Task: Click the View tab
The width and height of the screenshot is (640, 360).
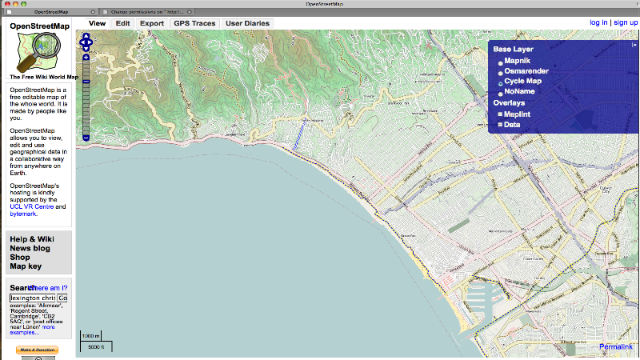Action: tap(97, 23)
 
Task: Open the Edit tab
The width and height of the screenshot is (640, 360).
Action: tap(122, 23)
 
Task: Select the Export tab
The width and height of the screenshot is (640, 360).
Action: tap(151, 23)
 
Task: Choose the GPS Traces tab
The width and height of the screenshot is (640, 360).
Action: tap(194, 23)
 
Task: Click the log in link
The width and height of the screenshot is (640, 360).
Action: tap(598, 22)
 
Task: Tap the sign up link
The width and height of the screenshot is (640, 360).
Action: tap(626, 22)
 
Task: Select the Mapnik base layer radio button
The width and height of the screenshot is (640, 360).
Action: tap(501, 62)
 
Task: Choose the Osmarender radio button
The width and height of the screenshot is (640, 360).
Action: tap(501, 72)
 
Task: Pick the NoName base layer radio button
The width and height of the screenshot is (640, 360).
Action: tap(501, 93)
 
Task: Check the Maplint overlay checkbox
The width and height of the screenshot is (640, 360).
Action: tap(501, 114)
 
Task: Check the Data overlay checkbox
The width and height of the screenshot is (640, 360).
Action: tap(501, 125)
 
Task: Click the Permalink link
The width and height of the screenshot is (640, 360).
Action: tap(614, 346)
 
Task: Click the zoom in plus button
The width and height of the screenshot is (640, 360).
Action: tap(86, 58)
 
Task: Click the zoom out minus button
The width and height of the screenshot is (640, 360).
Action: tap(86, 138)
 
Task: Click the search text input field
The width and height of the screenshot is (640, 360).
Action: tap(32, 298)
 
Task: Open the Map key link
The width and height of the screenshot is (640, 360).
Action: tap(26, 266)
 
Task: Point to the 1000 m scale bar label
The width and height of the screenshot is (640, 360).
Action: tap(91, 336)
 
